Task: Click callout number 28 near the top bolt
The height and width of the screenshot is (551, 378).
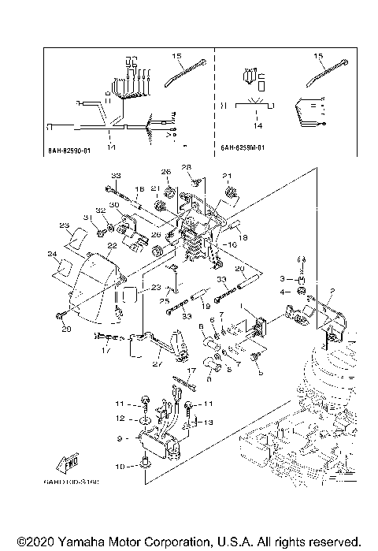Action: tap(187, 167)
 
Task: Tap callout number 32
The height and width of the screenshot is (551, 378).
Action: tap(101, 210)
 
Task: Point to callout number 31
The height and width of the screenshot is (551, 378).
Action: tap(87, 218)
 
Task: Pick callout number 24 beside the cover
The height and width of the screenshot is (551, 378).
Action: tap(51, 254)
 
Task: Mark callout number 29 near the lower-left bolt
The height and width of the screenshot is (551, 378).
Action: tap(66, 328)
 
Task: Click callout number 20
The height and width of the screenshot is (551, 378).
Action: tap(239, 269)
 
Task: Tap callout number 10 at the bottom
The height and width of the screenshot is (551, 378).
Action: tap(120, 466)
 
